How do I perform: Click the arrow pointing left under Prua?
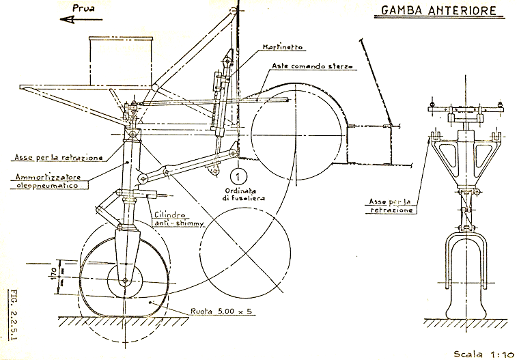[76, 20]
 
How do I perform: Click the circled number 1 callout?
[237, 163]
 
